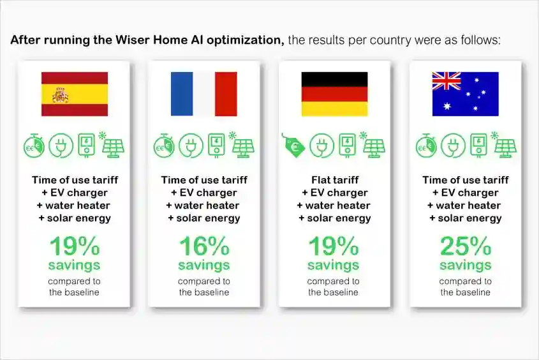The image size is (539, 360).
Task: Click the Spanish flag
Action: click(x=75, y=94)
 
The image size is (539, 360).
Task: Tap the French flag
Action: click(x=204, y=94)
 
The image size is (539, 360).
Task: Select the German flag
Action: click(x=334, y=94)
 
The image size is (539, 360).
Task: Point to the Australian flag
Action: click(x=466, y=94)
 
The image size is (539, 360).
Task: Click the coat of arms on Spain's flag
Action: click(x=61, y=95)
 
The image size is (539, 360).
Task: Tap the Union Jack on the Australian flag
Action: click(x=447, y=81)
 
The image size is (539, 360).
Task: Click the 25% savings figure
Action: click(x=466, y=246)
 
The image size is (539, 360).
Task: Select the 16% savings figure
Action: click(x=204, y=246)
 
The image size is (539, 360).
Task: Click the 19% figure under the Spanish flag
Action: click(x=75, y=246)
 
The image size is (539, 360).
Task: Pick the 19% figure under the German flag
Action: click(x=334, y=246)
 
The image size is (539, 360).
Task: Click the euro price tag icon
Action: click(x=293, y=146)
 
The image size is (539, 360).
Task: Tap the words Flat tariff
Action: click(x=335, y=180)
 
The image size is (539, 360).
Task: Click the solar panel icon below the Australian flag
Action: click(x=505, y=145)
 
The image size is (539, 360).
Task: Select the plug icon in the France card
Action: click(x=191, y=146)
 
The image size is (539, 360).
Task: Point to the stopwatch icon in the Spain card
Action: click(x=34, y=146)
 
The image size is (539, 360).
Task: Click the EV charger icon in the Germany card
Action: click(x=348, y=146)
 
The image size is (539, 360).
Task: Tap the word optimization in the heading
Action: click(x=246, y=40)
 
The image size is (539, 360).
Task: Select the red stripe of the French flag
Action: click(x=226, y=94)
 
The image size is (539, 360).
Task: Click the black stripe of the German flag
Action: click(x=334, y=79)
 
